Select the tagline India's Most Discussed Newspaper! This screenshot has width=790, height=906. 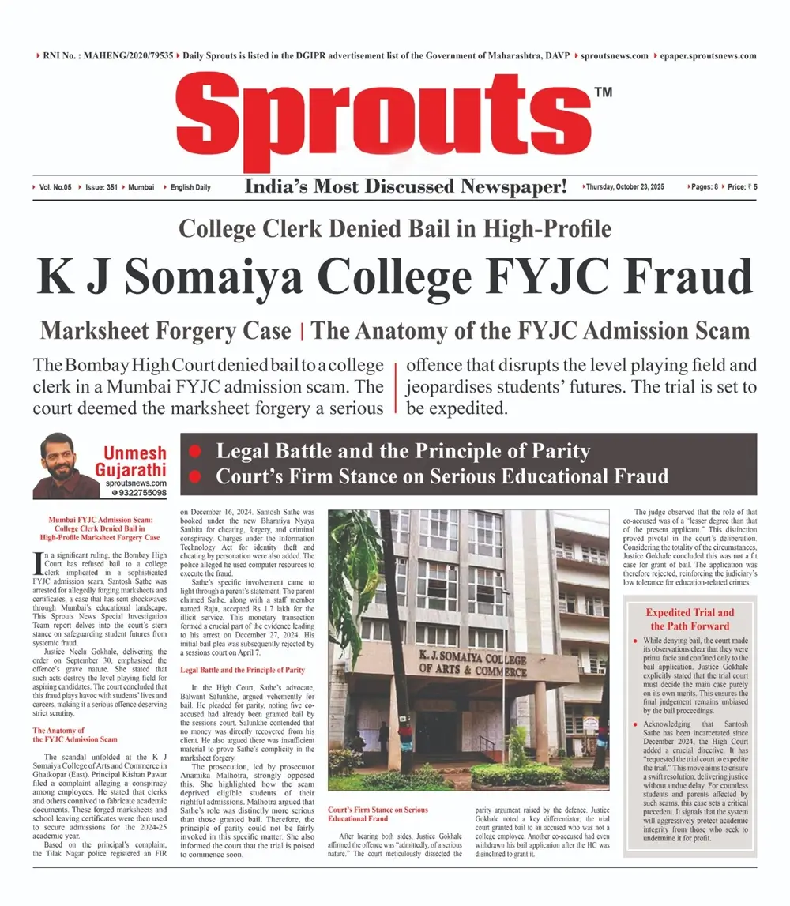click(406, 187)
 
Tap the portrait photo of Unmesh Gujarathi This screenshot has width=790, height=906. click(63, 465)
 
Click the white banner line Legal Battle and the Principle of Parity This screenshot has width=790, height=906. click(403, 452)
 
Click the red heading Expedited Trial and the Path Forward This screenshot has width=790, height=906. click(690, 619)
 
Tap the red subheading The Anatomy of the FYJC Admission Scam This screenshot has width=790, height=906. click(75, 735)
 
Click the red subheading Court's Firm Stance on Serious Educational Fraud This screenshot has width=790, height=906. click(379, 814)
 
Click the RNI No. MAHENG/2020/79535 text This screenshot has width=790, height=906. click(108, 56)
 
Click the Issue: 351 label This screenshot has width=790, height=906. click(100, 187)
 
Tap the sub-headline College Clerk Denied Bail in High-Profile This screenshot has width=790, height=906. click(395, 230)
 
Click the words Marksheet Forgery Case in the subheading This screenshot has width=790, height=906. click(166, 330)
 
